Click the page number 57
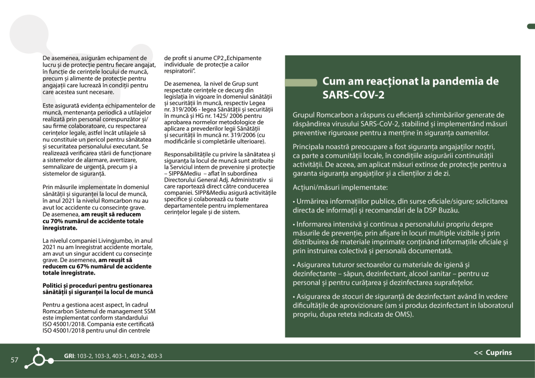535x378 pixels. click(14, 359)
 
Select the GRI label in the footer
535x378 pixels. click(69, 356)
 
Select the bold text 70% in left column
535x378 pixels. click(52, 221)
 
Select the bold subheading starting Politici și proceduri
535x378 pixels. click(97, 289)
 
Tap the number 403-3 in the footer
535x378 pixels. click(155, 356)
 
